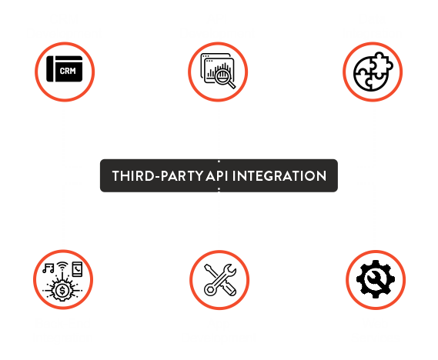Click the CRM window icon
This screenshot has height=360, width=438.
65,69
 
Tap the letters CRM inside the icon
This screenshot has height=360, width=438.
68,71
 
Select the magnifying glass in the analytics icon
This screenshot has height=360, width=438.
225,78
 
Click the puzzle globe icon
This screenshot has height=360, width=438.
373,72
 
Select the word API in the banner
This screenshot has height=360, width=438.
217,176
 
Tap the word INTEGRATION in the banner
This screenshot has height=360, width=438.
279,176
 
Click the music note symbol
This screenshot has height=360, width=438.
48,268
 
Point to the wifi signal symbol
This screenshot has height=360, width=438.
62,266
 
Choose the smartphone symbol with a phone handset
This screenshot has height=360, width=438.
77,269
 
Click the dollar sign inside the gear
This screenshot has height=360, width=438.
62,291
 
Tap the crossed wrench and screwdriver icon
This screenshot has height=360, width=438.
220,280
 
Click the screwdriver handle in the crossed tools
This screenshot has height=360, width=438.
229,288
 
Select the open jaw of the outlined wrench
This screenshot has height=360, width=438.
230,269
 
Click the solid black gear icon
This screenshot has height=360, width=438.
376,279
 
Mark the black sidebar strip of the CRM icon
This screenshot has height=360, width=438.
50,69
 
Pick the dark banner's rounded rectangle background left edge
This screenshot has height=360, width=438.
100,175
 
